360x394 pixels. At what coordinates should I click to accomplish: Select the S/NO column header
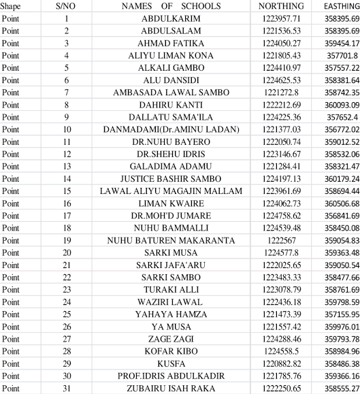(x=67, y=6)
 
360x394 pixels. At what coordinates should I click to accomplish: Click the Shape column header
(x=11, y=6)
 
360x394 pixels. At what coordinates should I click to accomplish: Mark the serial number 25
(x=67, y=314)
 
